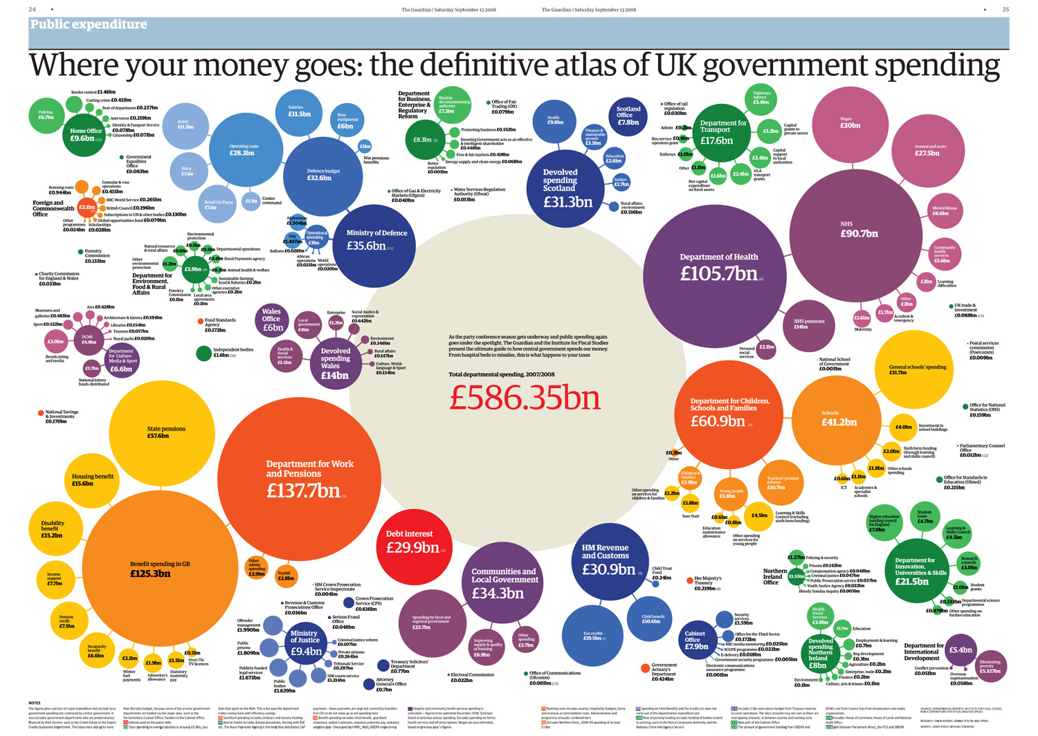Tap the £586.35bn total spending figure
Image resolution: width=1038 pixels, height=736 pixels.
point(525,398)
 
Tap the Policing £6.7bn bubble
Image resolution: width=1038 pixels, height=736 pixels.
point(46,116)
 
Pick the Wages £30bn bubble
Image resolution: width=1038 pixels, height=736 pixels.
point(850,123)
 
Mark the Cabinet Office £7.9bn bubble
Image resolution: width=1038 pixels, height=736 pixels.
point(695,640)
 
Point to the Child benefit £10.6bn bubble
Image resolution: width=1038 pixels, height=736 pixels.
point(652,618)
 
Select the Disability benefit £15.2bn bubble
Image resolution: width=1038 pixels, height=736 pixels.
point(53,528)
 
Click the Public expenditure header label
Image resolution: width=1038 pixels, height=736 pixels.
point(89,25)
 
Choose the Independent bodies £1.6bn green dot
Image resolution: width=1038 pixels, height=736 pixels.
point(203,353)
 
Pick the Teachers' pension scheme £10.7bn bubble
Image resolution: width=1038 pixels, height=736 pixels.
point(781,483)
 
